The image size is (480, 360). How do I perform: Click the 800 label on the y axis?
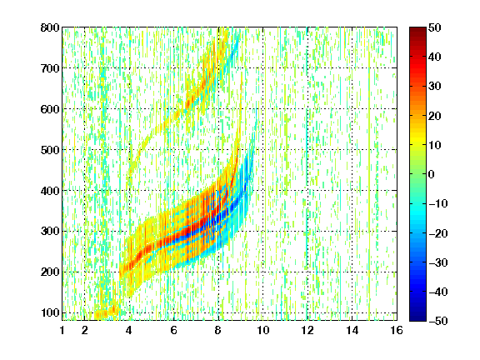(x=50, y=27)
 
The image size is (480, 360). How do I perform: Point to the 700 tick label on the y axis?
(x=50, y=68)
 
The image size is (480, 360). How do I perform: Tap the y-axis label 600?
(x=50, y=109)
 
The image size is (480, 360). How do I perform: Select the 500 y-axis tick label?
(x=50, y=150)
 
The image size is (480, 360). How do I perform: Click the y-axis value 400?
(x=50, y=190)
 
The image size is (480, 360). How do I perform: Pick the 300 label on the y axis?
(x=50, y=231)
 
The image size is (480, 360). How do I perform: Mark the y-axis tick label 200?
(x=50, y=272)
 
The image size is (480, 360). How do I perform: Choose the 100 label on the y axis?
(x=50, y=312)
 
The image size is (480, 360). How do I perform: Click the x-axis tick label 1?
(x=62, y=330)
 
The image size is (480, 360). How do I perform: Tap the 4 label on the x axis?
(x=129, y=330)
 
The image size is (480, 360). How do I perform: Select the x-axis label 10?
(x=262, y=330)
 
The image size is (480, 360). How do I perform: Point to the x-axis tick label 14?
(x=352, y=330)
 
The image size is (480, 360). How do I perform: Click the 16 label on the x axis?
(x=397, y=330)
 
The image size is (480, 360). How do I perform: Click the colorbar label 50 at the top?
(x=434, y=27)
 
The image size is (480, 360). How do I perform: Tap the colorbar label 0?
(x=432, y=174)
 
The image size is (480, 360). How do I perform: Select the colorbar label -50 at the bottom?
(x=438, y=321)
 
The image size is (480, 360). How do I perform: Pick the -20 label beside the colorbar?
(x=438, y=233)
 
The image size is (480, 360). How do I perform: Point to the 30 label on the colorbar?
(x=434, y=86)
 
